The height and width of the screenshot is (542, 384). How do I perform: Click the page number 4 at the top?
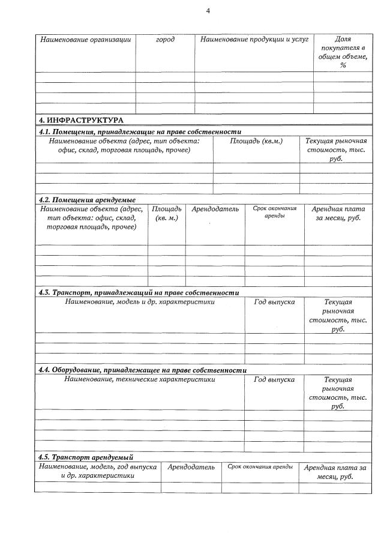[208, 11]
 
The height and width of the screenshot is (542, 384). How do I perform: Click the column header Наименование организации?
[85, 40]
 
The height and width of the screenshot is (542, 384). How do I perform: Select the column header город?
[165, 40]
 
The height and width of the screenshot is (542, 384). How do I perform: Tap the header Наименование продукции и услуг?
[254, 40]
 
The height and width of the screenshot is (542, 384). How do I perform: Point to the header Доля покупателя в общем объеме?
[343, 52]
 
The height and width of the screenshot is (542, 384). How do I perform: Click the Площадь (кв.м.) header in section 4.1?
[256, 141]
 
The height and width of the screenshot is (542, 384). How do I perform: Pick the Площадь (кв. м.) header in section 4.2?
[166, 214]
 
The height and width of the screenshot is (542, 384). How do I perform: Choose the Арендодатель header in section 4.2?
[215, 209]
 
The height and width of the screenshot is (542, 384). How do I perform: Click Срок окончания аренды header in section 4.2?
[274, 212]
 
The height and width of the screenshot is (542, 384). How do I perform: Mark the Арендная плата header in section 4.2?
[338, 214]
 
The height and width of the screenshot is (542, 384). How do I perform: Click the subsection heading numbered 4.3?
[139, 292]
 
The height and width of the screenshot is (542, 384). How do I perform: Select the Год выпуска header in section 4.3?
[274, 302]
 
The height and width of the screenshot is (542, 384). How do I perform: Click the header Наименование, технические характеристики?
[139, 379]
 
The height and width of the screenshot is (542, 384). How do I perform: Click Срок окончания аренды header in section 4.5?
[260, 467]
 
